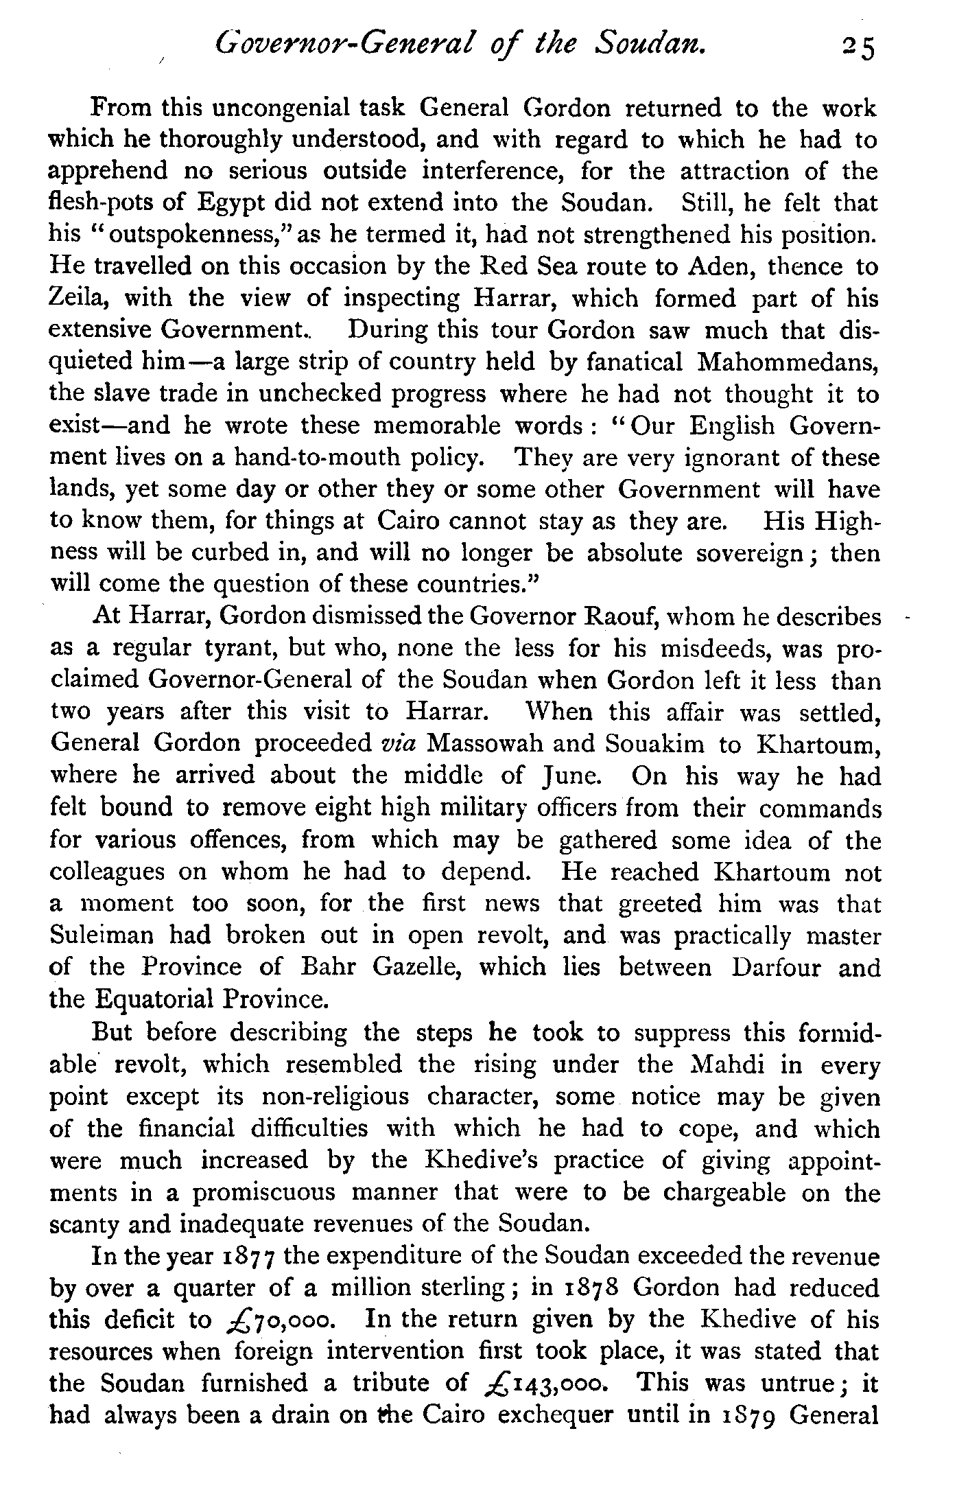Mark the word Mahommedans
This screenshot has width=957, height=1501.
click(788, 362)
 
